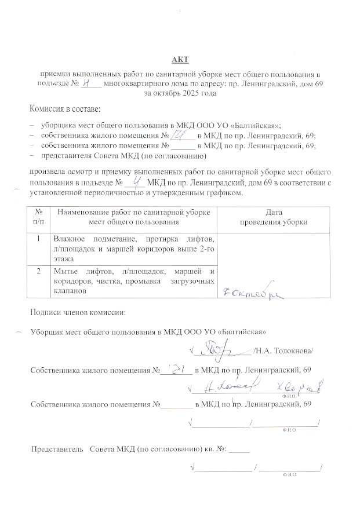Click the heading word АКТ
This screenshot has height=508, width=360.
(x=180, y=60)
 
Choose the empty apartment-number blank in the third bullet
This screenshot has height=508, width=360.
(x=183, y=146)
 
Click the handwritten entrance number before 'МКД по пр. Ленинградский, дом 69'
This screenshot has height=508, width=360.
(x=137, y=181)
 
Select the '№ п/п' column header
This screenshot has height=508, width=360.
(x=38, y=217)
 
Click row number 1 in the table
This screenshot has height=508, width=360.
(x=38, y=239)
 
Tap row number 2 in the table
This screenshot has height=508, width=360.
(x=38, y=271)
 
